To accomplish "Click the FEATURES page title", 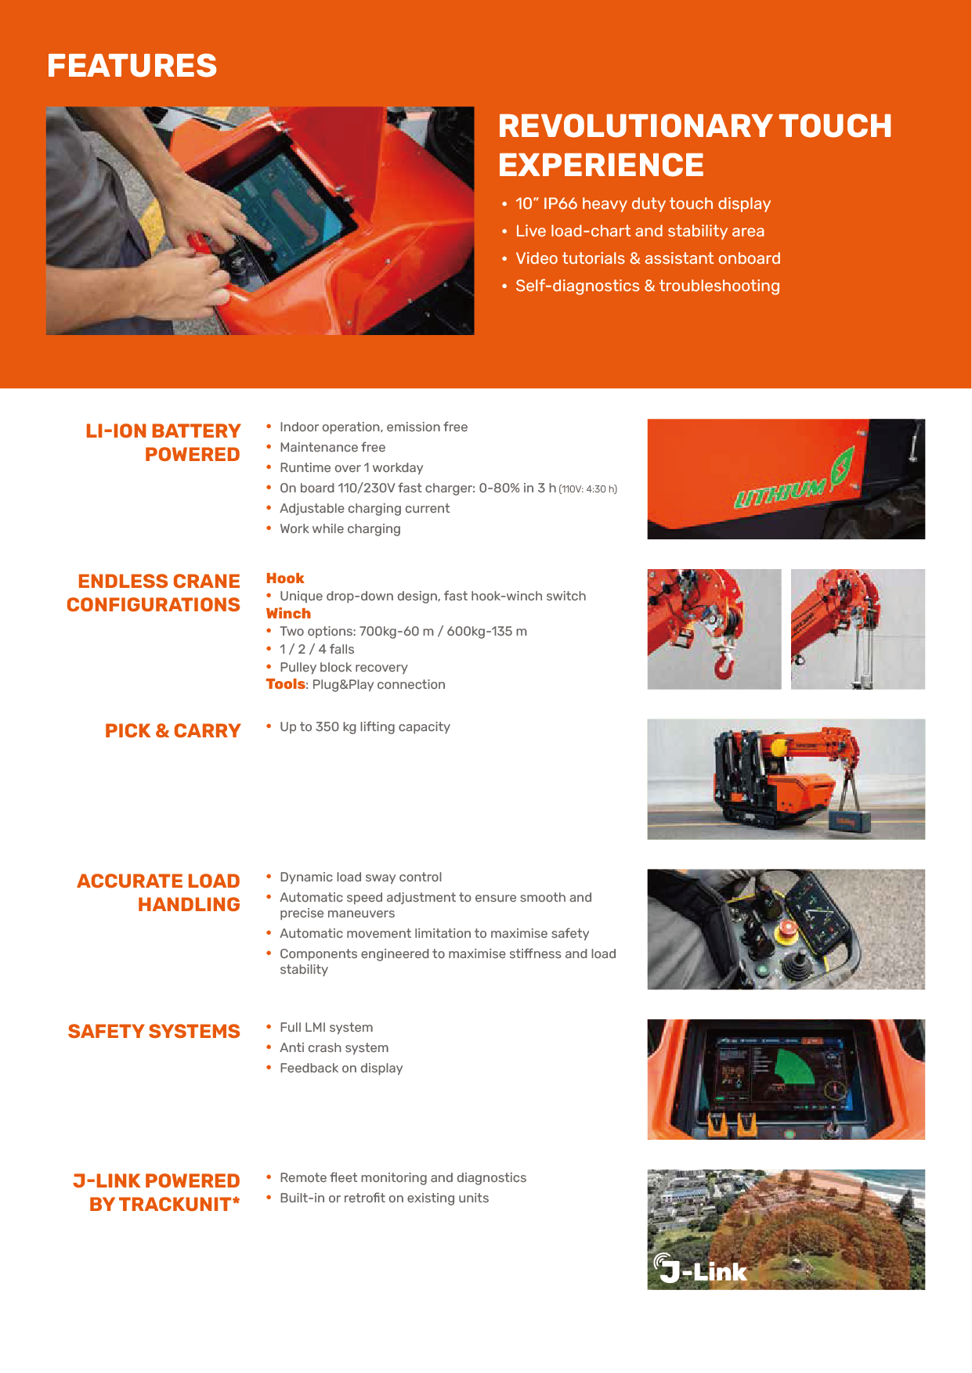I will (x=132, y=66).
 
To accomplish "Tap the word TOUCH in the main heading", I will (x=835, y=126).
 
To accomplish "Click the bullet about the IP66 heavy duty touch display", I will (x=642, y=204).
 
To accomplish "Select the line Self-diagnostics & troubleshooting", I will (x=647, y=286).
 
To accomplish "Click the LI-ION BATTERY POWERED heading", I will (x=163, y=442).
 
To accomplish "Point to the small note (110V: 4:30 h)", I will (x=588, y=489).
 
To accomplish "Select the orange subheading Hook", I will (x=285, y=578).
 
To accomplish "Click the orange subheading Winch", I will (x=288, y=614).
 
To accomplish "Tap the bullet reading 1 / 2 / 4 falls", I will (x=316, y=649).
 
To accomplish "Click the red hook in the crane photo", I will (x=724, y=665).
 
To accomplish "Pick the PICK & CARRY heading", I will (x=172, y=730).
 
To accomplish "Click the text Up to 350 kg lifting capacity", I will (x=364, y=726).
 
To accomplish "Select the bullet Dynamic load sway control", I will (x=360, y=877).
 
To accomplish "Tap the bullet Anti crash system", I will (x=334, y=1047).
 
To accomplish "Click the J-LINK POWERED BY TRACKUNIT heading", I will (x=157, y=1192).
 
